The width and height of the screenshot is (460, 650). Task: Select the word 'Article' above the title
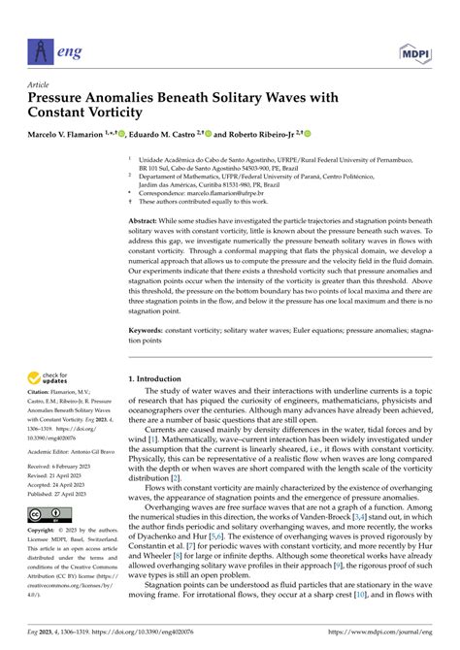tap(43, 83)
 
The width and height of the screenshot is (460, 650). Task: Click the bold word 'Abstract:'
tap(146, 221)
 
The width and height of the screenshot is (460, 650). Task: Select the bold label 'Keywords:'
tap(148, 329)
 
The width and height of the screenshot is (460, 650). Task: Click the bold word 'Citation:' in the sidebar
tap(43, 402)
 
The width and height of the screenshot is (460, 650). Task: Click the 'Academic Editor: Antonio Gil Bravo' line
tap(75, 448)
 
